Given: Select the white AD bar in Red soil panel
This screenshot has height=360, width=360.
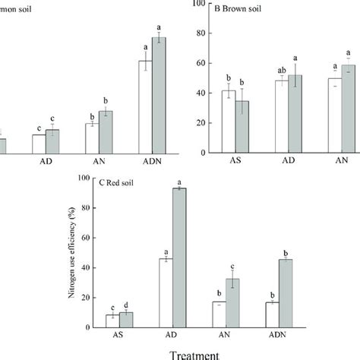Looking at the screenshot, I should (166, 292).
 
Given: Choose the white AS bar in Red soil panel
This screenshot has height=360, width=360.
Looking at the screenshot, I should (112, 321).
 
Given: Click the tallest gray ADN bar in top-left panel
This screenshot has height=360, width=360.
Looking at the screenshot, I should (159, 95).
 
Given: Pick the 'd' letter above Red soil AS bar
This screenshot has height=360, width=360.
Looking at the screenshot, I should (126, 303).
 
